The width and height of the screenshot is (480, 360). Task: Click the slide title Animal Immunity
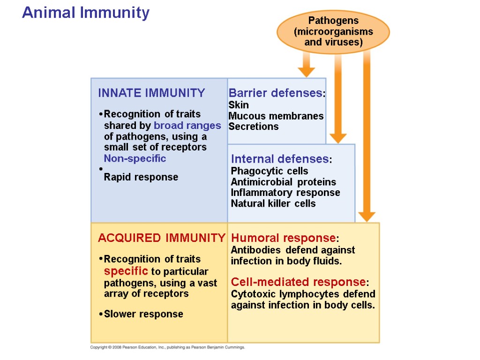[86, 13]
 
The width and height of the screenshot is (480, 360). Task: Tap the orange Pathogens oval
[333, 31]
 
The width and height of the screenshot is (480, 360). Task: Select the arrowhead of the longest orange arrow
[367, 217]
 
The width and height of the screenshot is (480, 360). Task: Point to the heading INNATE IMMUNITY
[151, 93]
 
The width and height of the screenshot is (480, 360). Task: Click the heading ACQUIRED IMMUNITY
[161, 238]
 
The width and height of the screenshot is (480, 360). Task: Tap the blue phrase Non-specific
[135, 158]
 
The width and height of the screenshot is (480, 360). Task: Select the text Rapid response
[141, 177]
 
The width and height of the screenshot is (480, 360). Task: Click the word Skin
[239, 105]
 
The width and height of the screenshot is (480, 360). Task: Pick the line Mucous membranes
[276, 116]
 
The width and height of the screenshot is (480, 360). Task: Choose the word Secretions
[254, 127]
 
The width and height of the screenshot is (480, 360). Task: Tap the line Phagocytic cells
[270, 171]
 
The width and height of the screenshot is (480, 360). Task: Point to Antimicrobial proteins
[284, 182]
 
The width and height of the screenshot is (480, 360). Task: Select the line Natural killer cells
[273, 203]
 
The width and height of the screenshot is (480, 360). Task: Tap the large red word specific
[126, 271]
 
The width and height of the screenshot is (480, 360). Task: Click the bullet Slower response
[143, 314]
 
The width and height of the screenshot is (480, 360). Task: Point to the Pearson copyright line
[168, 347]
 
